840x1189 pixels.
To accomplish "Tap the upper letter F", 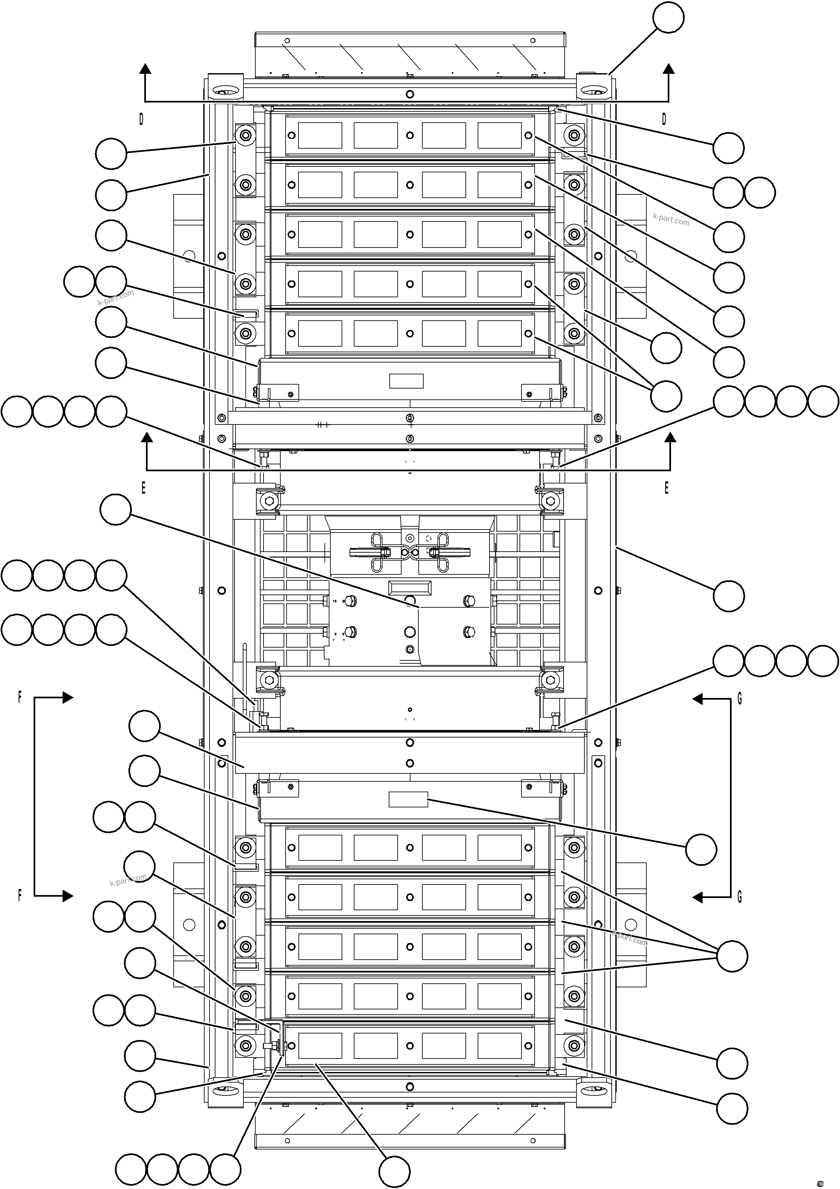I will pyautogui.click(x=20, y=697).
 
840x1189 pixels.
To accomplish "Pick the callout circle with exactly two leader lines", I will pyautogui.click(x=666, y=396).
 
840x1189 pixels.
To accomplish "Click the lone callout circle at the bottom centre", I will pyautogui.click(x=394, y=1172).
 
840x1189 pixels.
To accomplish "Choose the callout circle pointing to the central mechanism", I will pyautogui.click(x=115, y=509).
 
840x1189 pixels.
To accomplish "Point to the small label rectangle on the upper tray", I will pyautogui.click(x=406, y=381).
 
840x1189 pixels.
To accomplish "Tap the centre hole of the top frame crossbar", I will pyautogui.click(x=410, y=94).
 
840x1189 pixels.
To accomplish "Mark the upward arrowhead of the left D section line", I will pyautogui.click(x=145, y=68).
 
